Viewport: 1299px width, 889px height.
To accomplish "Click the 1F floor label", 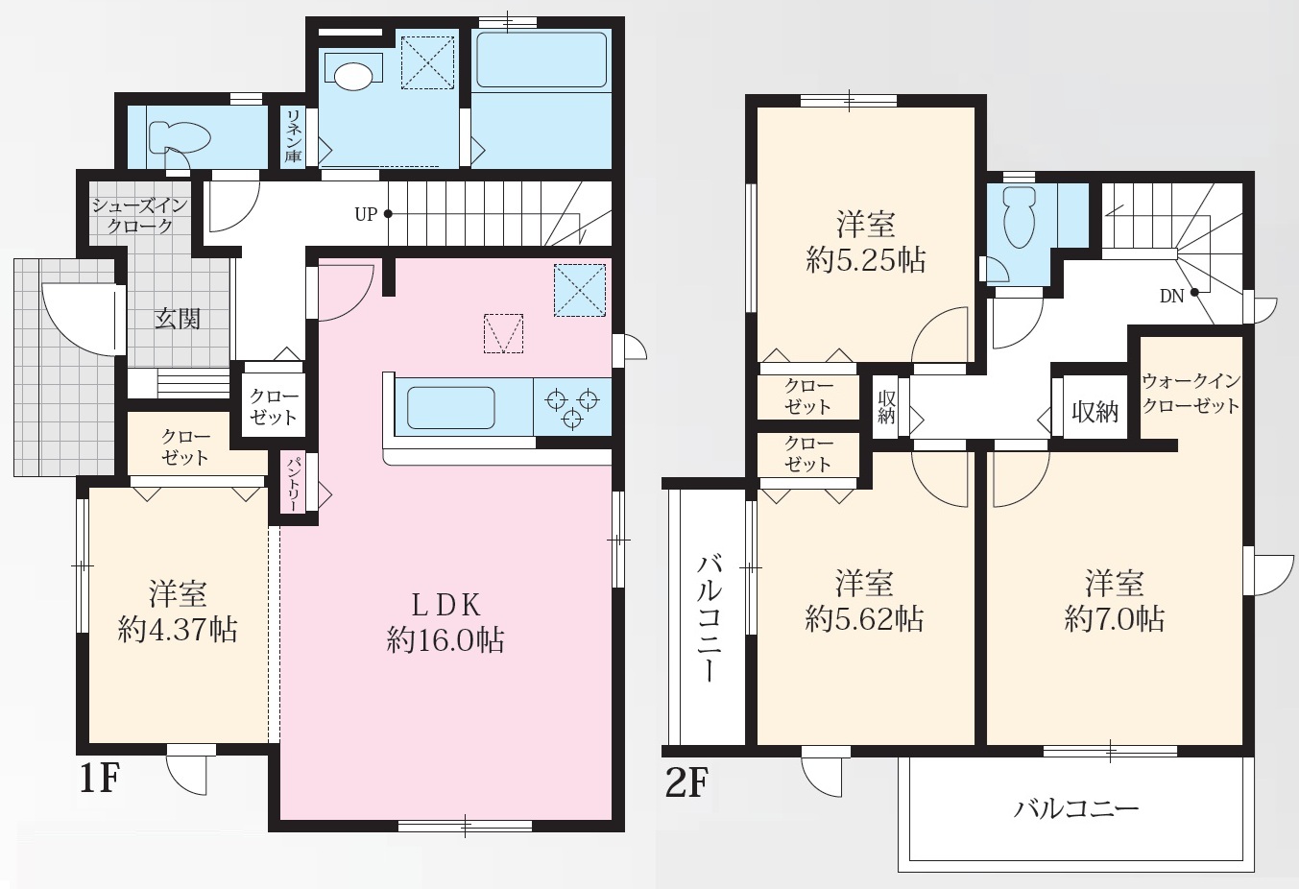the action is tap(100, 778).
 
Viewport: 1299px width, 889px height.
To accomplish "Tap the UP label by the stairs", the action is tap(366, 214).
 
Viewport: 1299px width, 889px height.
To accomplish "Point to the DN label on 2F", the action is tap(1171, 297).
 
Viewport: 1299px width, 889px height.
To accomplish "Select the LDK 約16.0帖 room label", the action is tap(445, 623).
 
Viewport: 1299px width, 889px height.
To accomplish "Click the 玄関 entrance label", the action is tap(178, 319).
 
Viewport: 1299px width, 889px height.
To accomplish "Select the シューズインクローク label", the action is tap(140, 215).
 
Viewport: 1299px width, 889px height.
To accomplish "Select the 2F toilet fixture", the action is tap(1020, 216).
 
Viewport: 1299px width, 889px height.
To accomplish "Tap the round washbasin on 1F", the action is tap(353, 76).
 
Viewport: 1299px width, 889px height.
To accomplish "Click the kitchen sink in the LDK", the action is tap(450, 407).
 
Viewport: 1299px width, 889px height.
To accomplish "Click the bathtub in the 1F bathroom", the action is tap(541, 60).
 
